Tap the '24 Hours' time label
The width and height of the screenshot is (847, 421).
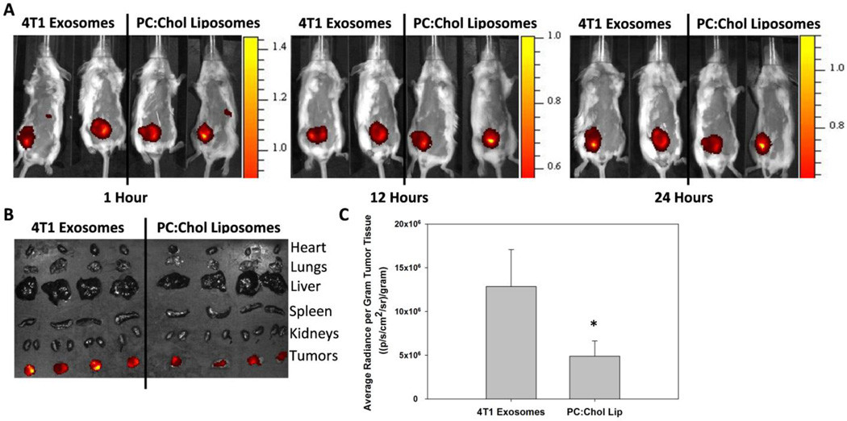(685, 197)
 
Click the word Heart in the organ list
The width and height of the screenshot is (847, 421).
(309, 248)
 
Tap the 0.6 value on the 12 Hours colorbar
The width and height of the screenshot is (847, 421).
(549, 166)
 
